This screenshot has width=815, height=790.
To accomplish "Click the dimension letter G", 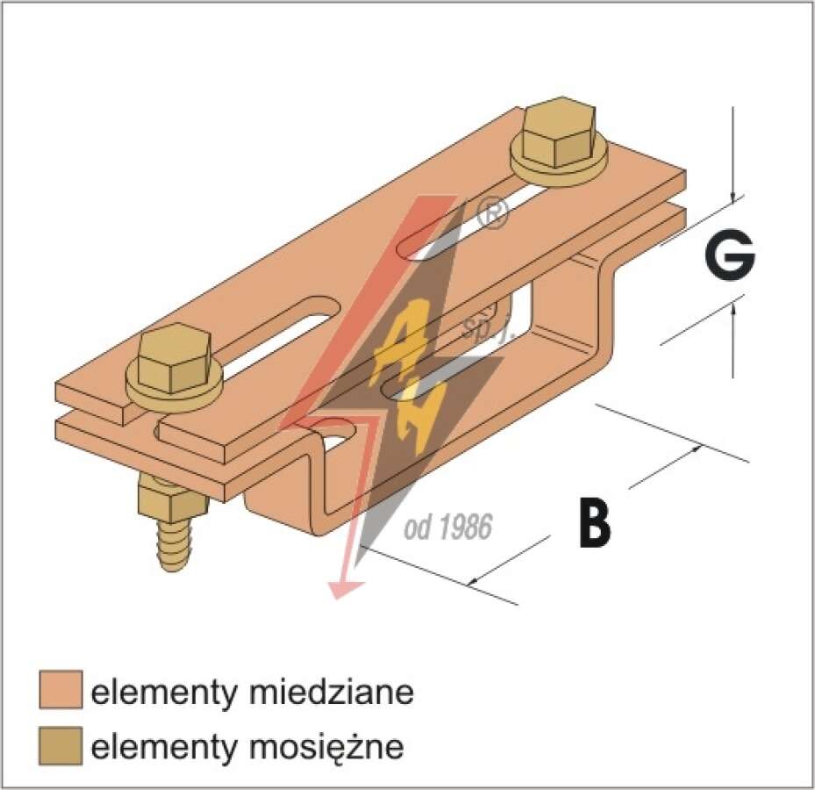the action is click(729, 255).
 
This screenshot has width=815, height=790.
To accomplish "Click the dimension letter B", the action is click(596, 521).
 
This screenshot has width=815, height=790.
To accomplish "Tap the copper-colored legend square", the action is click(61, 690).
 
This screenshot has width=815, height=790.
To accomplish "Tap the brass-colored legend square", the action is click(61, 746).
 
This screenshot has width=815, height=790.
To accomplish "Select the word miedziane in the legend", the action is click(332, 691).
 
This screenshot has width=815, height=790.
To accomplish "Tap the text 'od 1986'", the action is click(447, 528).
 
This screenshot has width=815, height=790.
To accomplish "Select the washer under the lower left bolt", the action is click(175, 387).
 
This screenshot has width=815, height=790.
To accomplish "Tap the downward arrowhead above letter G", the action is click(733, 198).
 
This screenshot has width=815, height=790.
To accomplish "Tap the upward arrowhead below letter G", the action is click(733, 310).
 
